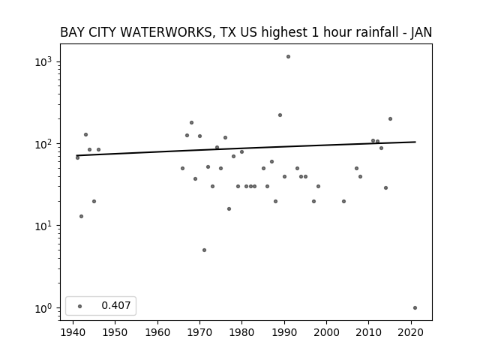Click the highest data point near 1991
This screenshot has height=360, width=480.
click(x=288, y=57)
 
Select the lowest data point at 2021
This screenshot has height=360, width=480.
click(x=415, y=308)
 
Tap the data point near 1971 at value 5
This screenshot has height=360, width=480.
click(x=204, y=250)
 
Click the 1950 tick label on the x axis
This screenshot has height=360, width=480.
click(x=115, y=333)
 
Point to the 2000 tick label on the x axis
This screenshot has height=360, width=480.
click(x=326, y=333)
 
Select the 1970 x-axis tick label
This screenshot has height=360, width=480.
click(x=199, y=333)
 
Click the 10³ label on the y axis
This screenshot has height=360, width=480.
click(x=43, y=61)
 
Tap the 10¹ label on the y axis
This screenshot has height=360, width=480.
click(x=43, y=226)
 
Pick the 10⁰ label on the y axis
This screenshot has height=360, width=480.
click(x=43, y=308)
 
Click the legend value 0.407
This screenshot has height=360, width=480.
click(x=116, y=305)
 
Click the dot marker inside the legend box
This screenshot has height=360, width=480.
click(x=80, y=306)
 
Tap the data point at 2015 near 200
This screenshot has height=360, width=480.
click(x=390, y=118)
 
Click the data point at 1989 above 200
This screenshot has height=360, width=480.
click(x=280, y=115)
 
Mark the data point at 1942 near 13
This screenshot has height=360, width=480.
click(x=81, y=217)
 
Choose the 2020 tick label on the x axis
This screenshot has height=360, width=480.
click(x=411, y=333)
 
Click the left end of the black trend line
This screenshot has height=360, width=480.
click(x=77, y=155)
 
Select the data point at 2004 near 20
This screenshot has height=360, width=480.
click(x=343, y=202)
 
